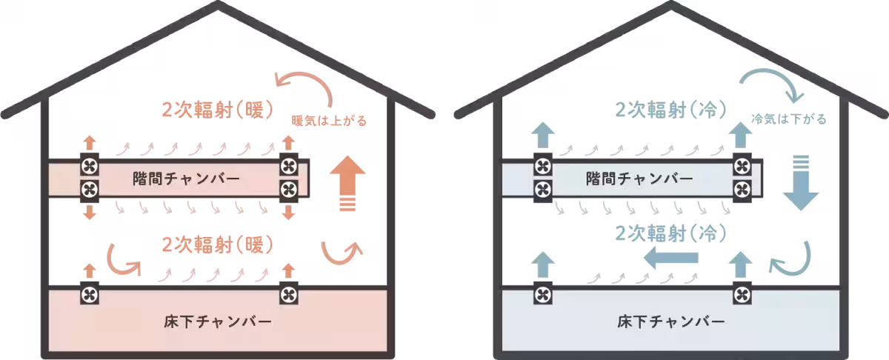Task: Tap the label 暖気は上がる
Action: coord(330,120)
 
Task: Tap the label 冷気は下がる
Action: coord(788,119)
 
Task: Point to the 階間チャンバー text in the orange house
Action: coord(185,179)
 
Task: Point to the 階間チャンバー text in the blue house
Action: coord(639,179)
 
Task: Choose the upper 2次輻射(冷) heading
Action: coord(669,109)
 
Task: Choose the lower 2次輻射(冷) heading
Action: coord(668,231)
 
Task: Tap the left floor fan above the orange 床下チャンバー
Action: coord(90,296)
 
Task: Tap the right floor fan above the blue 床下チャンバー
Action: coord(742,296)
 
